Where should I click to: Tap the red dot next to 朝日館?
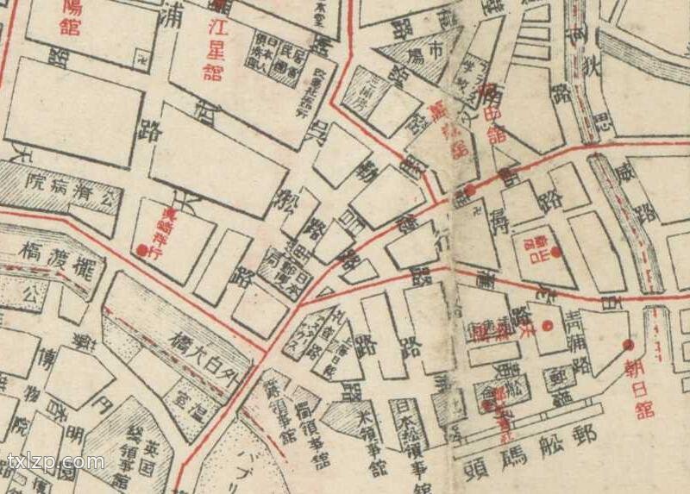coord(628,344)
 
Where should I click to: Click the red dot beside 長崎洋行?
coord(141,250)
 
